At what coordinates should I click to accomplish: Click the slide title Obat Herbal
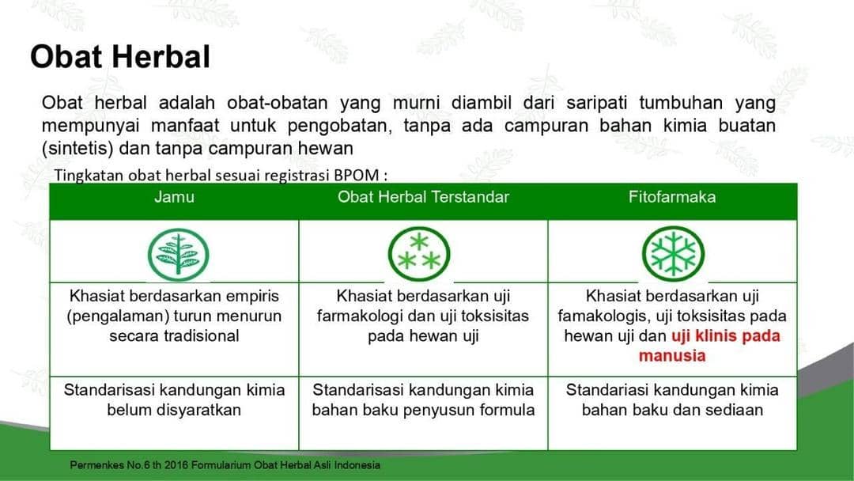click(120, 57)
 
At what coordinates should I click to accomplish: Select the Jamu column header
click(174, 197)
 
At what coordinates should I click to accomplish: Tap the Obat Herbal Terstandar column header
click(423, 197)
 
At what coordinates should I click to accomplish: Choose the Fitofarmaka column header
click(672, 197)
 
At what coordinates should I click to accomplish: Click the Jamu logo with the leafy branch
click(179, 254)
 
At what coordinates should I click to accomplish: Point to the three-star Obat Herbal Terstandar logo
click(418, 254)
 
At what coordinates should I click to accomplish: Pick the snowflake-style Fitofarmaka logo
click(672, 254)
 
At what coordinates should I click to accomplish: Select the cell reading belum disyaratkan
click(174, 410)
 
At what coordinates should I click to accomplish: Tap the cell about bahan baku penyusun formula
click(423, 410)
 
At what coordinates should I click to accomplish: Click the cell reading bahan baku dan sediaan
click(672, 410)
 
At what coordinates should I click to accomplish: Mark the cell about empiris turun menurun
click(174, 316)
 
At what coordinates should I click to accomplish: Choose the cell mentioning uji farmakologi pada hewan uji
click(423, 316)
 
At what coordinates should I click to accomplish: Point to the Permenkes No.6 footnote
click(225, 465)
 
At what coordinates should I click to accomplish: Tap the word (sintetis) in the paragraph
click(72, 148)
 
